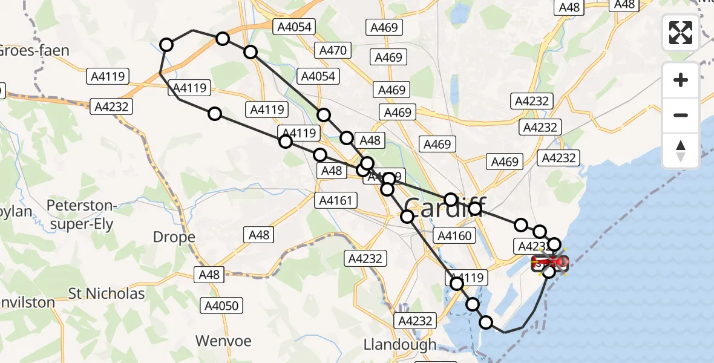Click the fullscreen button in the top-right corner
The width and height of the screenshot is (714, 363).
[x=681, y=32]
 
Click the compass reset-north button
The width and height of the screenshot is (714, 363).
[x=681, y=151]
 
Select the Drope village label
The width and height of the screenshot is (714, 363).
[x=174, y=237]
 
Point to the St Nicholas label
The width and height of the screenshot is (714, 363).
[x=106, y=294]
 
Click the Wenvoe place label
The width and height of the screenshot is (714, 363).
[x=223, y=341]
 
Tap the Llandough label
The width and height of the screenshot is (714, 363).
[x=400, y=344]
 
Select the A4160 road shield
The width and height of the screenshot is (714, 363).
[x=454, y=236]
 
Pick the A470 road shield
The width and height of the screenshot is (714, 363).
[x=332, y=50]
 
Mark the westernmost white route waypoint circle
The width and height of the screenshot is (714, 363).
[x=166, y=44]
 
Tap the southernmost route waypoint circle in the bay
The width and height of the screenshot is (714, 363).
[x=486, y=322]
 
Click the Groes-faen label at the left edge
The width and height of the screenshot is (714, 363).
[x=33, y=50]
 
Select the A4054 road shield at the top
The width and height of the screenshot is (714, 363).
[x=294, y=27]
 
